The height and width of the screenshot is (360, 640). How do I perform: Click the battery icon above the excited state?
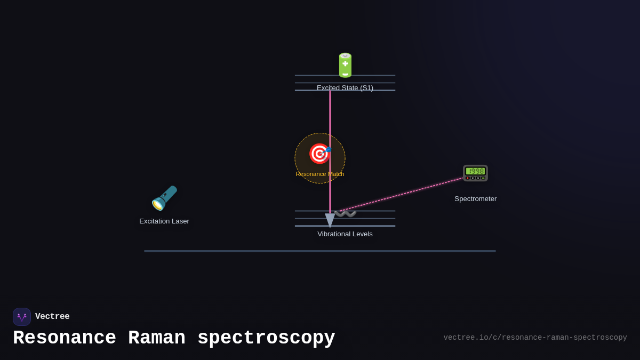[x=345, y=65]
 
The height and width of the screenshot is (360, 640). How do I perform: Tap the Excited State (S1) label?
[x=345, y=88]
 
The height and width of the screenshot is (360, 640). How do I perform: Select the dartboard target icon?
[x=319, y=154]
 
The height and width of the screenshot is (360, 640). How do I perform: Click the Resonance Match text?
[x=320, y=174]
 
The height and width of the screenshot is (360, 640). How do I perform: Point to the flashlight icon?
[x=164, y=198]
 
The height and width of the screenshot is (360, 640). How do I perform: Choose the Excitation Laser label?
[x=164, y=221]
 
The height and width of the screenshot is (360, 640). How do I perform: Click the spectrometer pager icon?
[x=475, y=172]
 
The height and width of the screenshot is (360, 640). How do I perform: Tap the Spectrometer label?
[x=475, y=199]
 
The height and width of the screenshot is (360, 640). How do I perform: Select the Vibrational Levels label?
[x=345, y=234]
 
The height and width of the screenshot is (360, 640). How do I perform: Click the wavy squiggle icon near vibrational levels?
[x=346, y=214]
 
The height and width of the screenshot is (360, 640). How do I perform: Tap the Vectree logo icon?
[x=22, y=317]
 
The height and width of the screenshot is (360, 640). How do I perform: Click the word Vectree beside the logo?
[x=52, y=317]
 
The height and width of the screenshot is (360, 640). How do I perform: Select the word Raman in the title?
[x=157, y=338]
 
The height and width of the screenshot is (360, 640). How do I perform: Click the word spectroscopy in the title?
[x=266, y=338]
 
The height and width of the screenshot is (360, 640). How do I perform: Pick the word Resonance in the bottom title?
[x=65, y=338]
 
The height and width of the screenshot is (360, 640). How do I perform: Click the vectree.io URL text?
[x=535, y=338]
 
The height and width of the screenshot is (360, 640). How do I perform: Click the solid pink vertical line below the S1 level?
[x=330, y=117]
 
